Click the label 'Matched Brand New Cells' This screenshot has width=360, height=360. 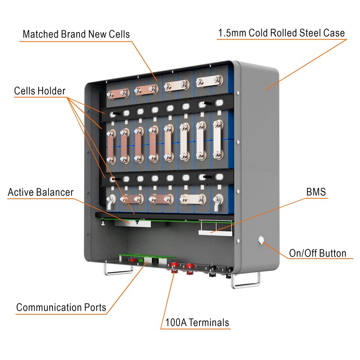(76, 34)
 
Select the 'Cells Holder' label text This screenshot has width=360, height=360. (40, 91)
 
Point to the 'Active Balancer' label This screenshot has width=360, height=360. (40, 192)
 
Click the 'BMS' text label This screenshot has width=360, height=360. (316, 192)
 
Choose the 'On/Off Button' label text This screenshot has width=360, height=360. (317, 253)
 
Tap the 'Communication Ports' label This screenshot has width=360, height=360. (61, 308)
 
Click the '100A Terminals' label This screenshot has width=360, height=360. (197, 322)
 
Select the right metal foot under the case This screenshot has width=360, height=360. (246, 281)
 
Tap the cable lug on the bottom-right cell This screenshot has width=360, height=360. (217, 203)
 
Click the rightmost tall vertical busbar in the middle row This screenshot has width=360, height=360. (217, 139)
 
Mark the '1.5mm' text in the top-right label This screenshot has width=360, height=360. (230, 33)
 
